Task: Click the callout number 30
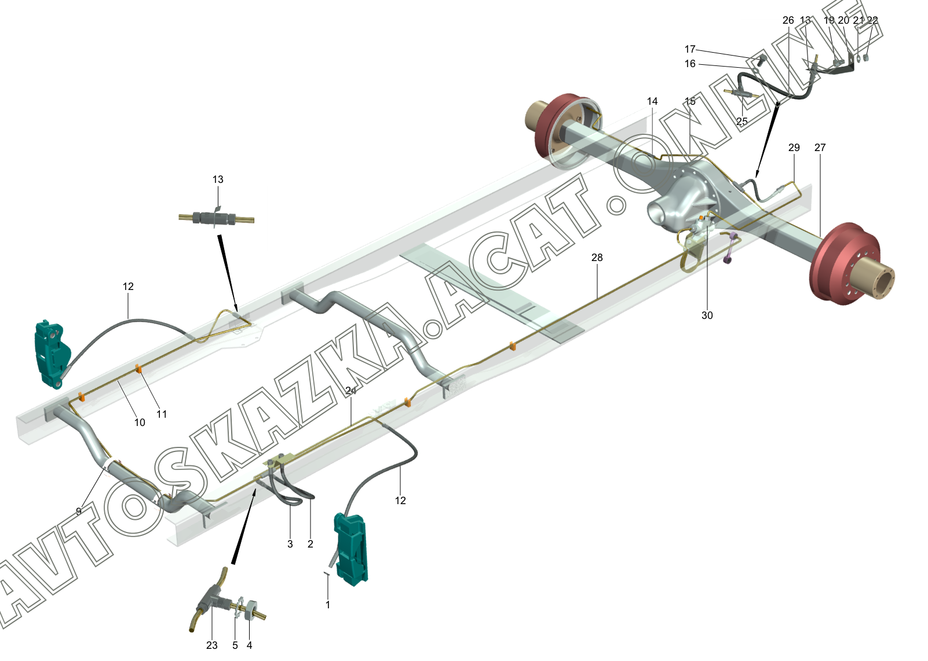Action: (x=707, y=315)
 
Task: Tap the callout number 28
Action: (x=597, y=258)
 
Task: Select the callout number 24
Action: (x=350, y=391)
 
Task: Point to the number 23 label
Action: (x=211, y=645)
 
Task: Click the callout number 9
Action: (x=79, y=512)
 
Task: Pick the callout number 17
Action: (x=690, y=49)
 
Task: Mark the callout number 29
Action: (x=794, y=148)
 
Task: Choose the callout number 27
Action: (x=820, y=148)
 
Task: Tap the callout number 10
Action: (x=140, y=423)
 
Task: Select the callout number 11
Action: (x=162, y=414)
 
